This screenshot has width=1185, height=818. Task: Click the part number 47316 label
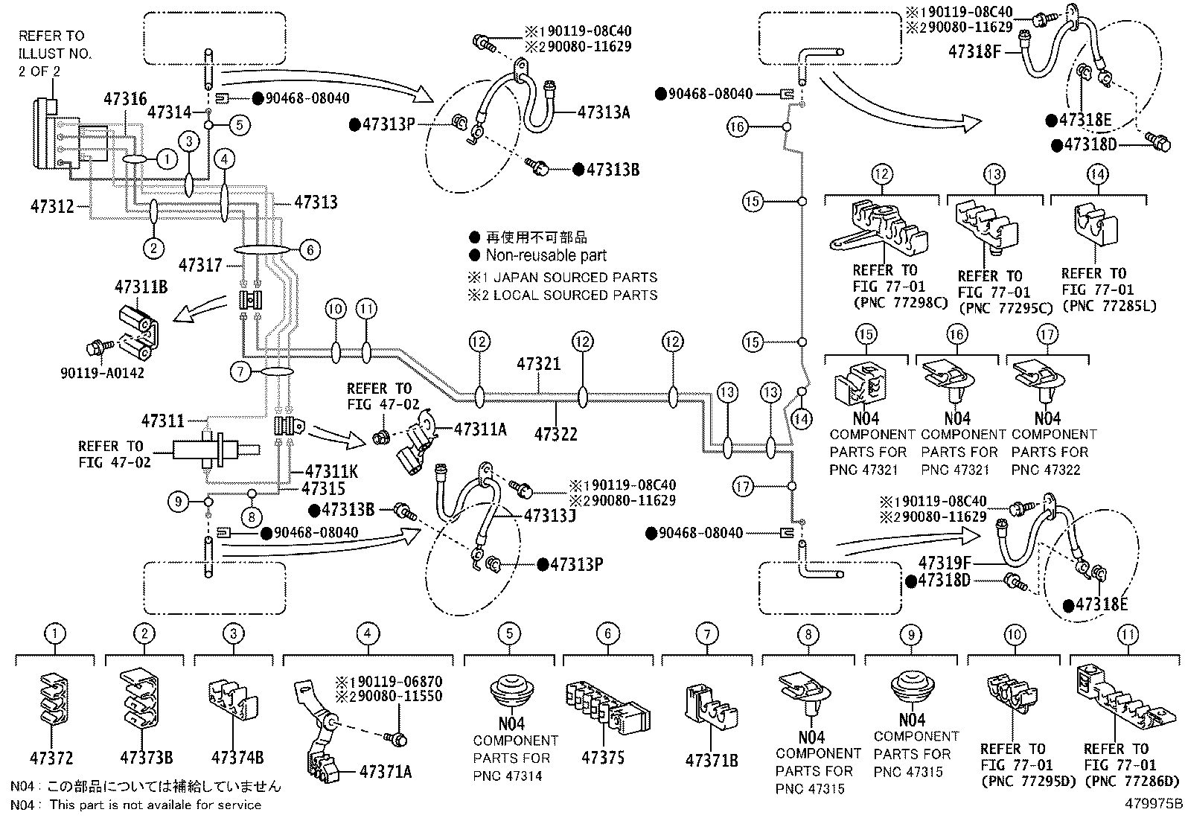point(125,98)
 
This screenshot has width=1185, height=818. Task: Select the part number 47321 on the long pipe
point(539,364)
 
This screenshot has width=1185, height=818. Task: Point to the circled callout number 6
point(310,250)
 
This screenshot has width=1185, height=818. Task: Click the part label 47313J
point(550,515)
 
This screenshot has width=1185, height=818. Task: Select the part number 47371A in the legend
point(386,772)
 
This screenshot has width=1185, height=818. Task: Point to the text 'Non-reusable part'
point(546,255)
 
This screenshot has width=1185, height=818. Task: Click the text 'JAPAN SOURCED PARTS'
point(575,277)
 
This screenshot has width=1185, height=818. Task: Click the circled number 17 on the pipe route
point(744,487)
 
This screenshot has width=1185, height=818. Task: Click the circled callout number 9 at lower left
point(178,502)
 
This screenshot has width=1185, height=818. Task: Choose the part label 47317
point(200,263)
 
